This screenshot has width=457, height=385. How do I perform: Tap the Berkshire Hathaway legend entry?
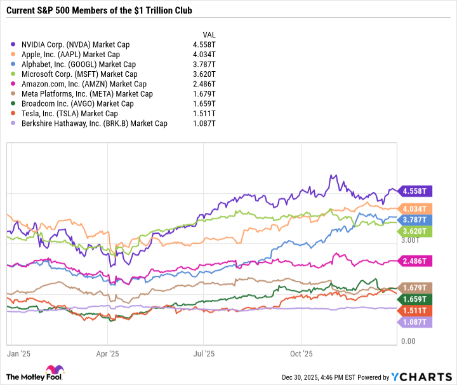tap(94, 123)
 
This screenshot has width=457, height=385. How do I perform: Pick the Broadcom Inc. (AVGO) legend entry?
tap(77, 104)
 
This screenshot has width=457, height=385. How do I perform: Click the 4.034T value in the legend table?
tap(204, 54)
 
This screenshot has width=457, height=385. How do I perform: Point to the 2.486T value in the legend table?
tap(204, 84)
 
